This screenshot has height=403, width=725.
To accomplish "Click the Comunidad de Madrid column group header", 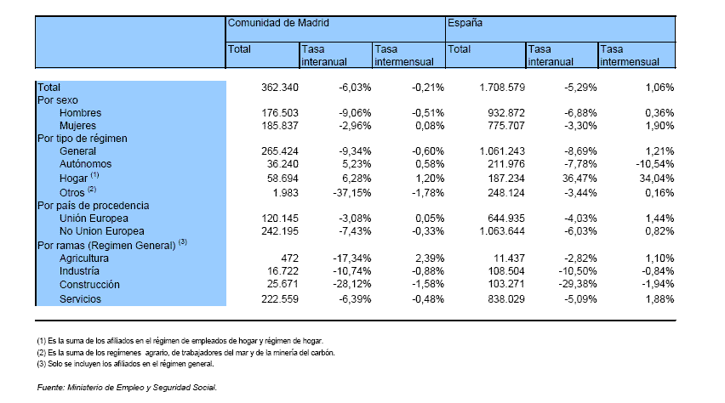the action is click(x=278, y=23).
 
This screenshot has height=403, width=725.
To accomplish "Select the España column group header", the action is click(x=465, y=23).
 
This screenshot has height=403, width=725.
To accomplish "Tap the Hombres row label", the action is click(x=80, y=113).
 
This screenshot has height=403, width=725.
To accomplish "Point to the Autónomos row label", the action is click(x=86, y=164).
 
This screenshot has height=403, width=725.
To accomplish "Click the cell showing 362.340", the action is click(x=280, y=88).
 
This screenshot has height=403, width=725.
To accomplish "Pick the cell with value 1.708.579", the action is click(x=502, y=88).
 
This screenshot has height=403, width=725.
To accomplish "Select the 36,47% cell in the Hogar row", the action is click(x=579, y=179).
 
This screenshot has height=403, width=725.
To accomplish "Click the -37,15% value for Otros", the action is click(x=352, y=193).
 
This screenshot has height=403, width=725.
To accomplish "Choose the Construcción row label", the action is click(x=89, y=285).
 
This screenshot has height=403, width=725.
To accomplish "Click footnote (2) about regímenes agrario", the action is click(x=186, y=353).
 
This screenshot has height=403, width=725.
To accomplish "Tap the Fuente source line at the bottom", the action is click(x=127, y=388).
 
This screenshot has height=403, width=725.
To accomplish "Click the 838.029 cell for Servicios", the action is click(x=506, y=299).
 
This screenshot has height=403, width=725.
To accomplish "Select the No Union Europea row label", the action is click(x=102, y=231).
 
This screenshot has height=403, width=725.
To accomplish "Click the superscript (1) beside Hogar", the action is click(x=94, y=174).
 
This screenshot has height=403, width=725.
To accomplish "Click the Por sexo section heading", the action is click(x=57, y=100).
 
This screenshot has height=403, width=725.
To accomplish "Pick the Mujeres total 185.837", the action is click(x=280, y=126).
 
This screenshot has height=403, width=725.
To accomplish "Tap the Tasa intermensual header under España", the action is click(x=630, y=55).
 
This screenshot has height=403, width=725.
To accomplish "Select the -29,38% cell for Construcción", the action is click(x=578, y=284).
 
